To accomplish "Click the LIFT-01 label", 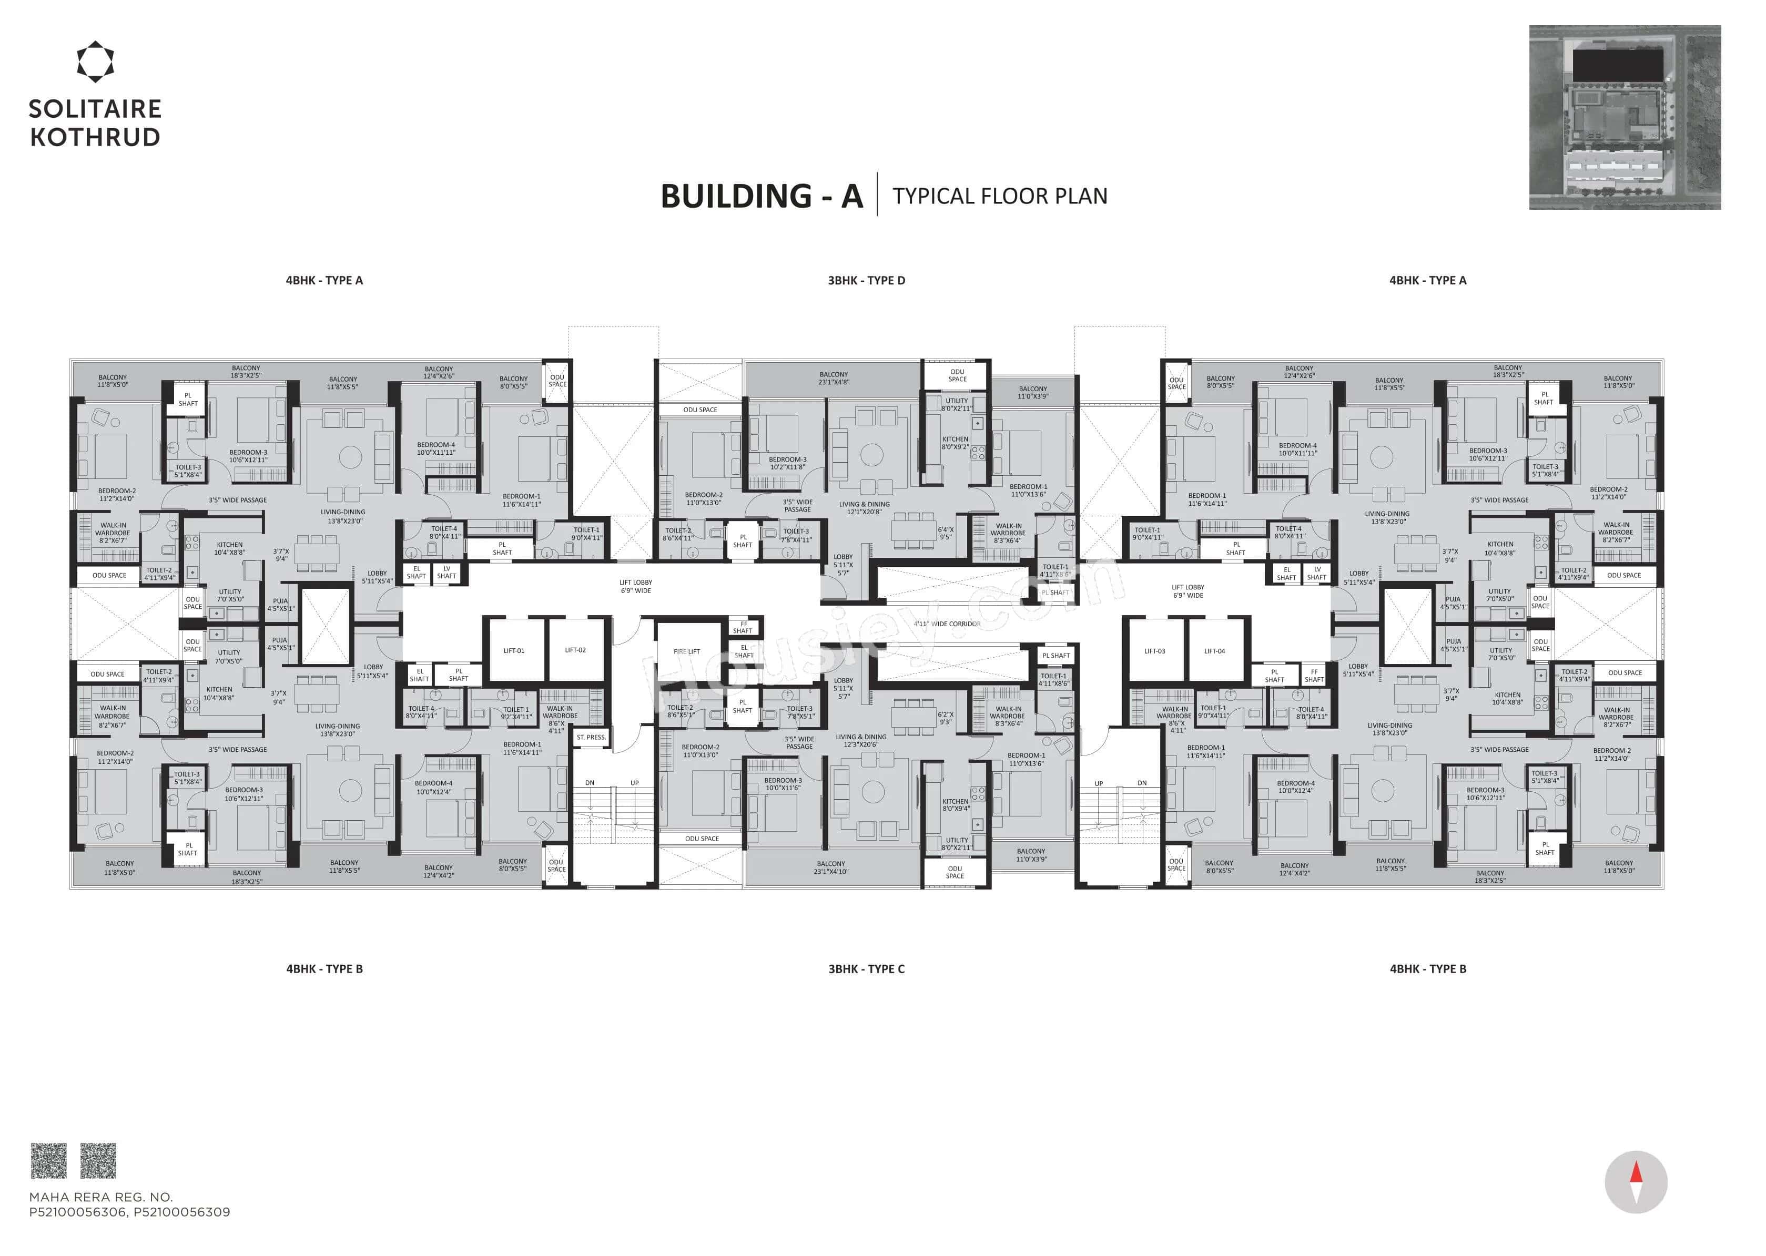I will coord(514,650).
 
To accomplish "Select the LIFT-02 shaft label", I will coord(575,650).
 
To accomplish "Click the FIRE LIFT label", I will coord(686,651).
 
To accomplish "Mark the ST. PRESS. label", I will coord(591,737).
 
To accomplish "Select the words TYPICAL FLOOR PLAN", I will coord(999,197).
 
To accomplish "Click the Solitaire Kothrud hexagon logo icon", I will coord(95,62).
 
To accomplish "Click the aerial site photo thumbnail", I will coord(1625,118).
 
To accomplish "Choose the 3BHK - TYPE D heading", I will coord(866,280).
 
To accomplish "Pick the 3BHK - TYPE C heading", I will coord(866,968).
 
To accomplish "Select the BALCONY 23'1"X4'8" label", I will coord(834,378).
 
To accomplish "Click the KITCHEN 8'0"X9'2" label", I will coord(956,442).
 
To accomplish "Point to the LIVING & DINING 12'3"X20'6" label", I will coord(860,740).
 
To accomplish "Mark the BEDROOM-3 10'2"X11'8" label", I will coord(787,463).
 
